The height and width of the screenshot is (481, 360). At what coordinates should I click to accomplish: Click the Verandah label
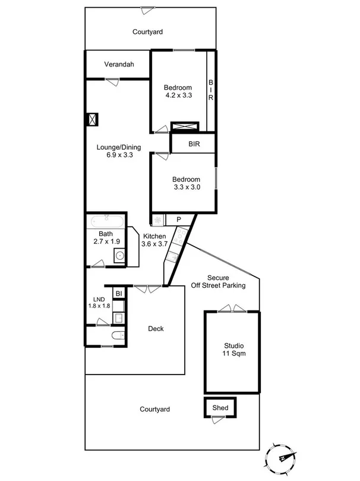point(118,64)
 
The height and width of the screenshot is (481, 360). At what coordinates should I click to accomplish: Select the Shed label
point(220,408)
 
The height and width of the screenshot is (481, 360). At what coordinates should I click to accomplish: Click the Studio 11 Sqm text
point(233,349)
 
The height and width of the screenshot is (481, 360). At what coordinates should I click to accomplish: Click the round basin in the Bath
point(119,256)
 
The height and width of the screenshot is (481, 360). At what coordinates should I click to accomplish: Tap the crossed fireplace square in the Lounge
point(93,120)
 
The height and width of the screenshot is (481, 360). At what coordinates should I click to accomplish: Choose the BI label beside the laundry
point(119,294)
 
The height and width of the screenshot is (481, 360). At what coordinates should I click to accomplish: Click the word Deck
point(156,329)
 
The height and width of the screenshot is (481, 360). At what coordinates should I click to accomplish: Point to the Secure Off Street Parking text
point(226,281)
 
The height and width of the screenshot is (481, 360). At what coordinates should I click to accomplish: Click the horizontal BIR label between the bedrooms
point(194,144)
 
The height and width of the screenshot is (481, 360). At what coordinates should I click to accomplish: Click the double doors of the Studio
point(230,309)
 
